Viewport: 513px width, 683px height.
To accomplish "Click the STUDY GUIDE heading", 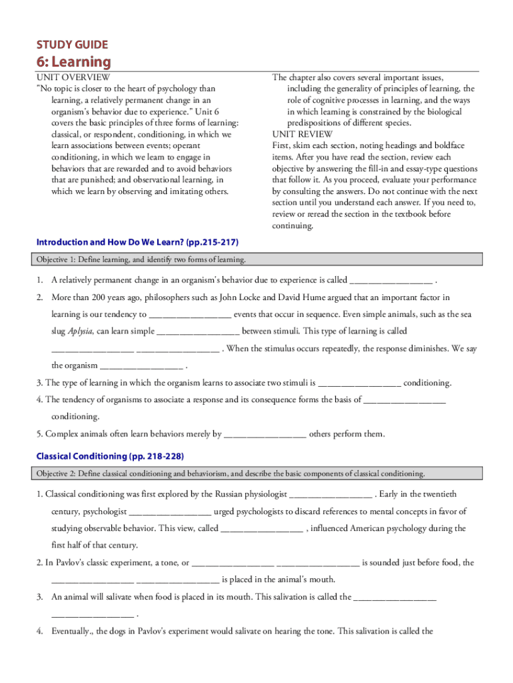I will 72,45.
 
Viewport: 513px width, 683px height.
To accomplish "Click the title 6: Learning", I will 73,62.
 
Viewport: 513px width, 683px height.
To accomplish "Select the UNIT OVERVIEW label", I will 73,77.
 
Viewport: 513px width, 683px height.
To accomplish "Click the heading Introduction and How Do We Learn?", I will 137,241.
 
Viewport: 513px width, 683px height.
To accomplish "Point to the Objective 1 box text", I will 141,259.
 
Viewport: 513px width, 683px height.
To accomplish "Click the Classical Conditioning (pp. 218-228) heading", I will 110,456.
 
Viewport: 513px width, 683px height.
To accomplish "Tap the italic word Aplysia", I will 81,331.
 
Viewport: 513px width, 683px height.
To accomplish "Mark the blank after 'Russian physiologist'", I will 331,494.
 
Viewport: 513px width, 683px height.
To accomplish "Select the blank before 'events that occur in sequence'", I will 190,313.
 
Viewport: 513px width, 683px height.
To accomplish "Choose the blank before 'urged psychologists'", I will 170,512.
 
